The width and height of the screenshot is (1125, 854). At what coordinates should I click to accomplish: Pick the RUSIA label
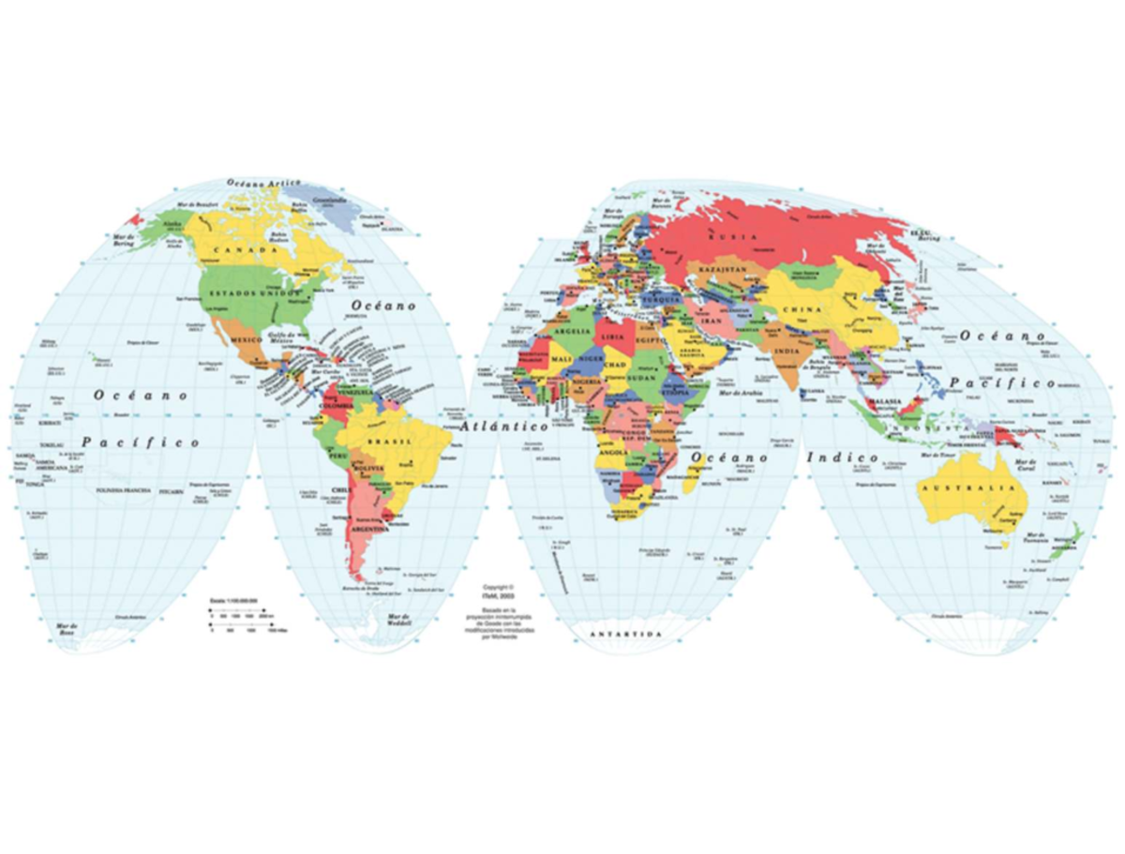click(732, 237)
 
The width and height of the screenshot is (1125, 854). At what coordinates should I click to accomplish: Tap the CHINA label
click(804, 309)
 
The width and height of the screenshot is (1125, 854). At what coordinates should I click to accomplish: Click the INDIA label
click(787, 352)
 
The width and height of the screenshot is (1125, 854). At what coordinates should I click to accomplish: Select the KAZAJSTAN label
click(719, 268)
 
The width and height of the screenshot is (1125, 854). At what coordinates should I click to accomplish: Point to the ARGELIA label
click(573, 332)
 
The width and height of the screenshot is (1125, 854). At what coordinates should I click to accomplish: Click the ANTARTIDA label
click(625, 635)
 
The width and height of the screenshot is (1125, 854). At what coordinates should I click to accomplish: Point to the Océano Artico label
click(265, 182)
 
